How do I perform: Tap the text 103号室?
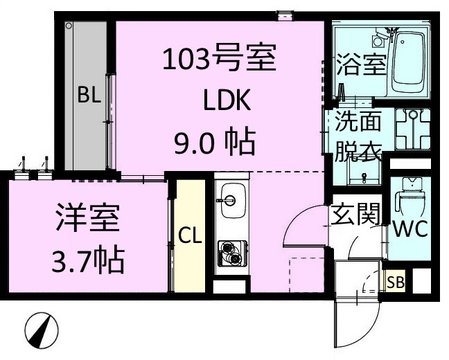[x=219, y=60]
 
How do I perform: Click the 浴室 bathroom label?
[x=360, y=67]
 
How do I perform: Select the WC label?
[x=410, y=228]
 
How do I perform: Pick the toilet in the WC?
[x=410, y=199]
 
